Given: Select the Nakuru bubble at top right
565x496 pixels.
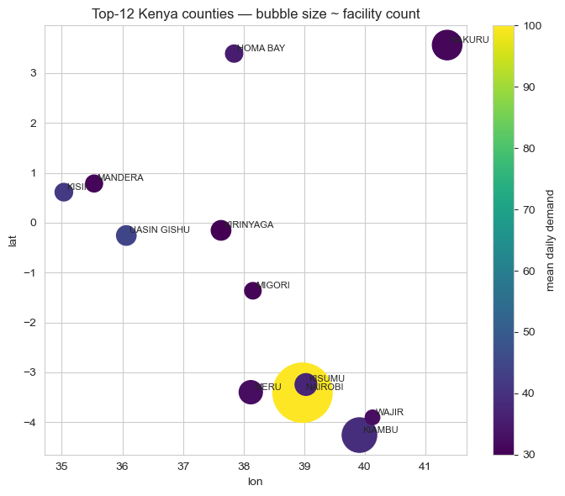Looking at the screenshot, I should tap(447, 45).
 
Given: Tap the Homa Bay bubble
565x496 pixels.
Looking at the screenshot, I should tap(234, 54).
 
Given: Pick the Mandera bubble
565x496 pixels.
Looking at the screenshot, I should tap(94, 183).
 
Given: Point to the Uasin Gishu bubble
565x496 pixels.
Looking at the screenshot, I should tap(126, 235).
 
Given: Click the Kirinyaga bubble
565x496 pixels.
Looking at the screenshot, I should tap(221, 230).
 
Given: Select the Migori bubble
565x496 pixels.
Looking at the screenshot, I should tap(252, 291).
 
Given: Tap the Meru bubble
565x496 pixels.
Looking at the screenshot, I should tap(251, 392).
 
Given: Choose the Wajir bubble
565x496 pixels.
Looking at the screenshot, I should tap(372, 418).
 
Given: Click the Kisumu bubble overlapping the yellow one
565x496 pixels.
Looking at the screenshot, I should tap(305, 384).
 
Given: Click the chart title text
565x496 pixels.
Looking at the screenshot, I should tap(256, 13).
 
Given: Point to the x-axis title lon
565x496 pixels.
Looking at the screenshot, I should tap(256, 483).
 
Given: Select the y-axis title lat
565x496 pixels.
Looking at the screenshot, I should tap(13, 240).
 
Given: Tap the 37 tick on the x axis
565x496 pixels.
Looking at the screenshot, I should tap(183, 466).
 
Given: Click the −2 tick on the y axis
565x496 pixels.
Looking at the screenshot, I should tap(30, 323).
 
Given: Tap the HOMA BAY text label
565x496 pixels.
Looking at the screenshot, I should tap(261, 49).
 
